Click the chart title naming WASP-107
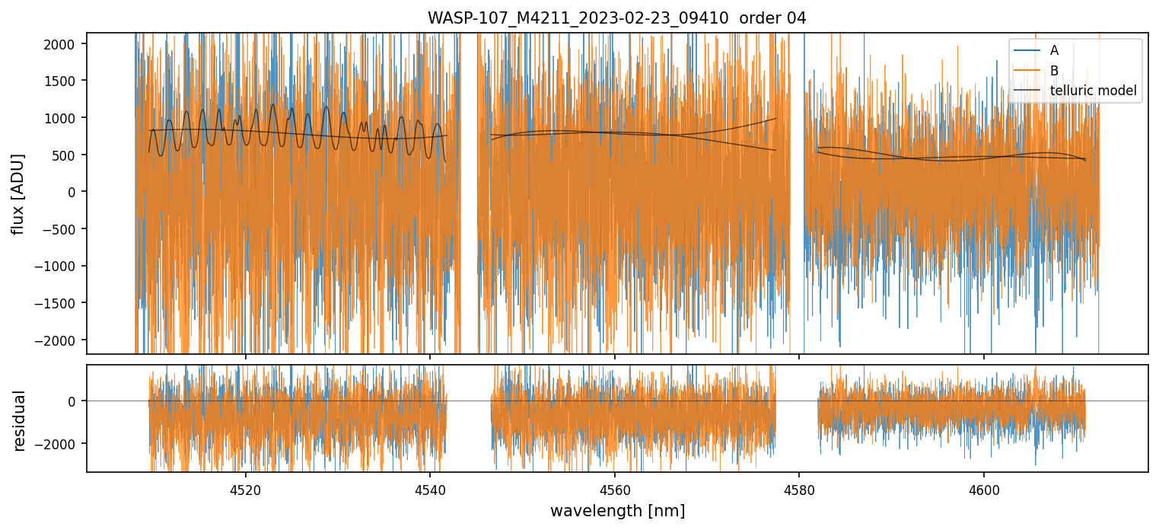pos(616,18)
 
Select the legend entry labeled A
pos(1054,50)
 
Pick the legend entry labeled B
pos(1054,71)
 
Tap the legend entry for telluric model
pos(1093,91)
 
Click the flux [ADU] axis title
pos(18,193)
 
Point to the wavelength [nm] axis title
pos(616,510)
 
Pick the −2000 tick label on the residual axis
pos(60,444)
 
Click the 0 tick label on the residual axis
pos(74,401)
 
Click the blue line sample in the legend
pos(1027,50)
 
